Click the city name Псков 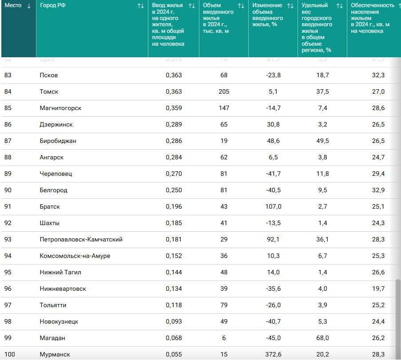pyautogui.click(x=49, y=75)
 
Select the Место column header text pyautogui.click(x=13, y=5)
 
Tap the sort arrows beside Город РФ pyautogui.click(x=140, y=6)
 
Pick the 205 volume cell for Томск pyautogui.click(x=224, y=92)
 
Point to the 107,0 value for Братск pyautogui.click(x=273, y=207)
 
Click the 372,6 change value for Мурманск pyautogui.click(x=273, y=355)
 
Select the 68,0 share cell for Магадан pyautogui.click(x=321, y=338)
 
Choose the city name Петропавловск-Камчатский pyautogui.click(x=81, y=240)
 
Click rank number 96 pyautogui.click(x=8, y=289)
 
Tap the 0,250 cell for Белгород pyautogui.click(x=174, y=190)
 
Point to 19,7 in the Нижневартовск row pyautogui.click(x=378, y=289)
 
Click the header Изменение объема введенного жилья pyautogui.click(x=267, y=15)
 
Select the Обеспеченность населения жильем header pyautogui.click(x=372, y=18)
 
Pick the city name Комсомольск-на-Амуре pyautogui.click(x=75, y=256)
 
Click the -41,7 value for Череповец pyautogui.click(x=273, y=174)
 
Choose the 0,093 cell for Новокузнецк pyautogui.click(x=174, y=322)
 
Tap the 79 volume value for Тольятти pyautogui.click(x=224, y=305)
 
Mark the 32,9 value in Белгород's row pyautogui.click(x=378, y=190)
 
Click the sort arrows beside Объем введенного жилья pyautogui.click(x=241, y=6)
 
